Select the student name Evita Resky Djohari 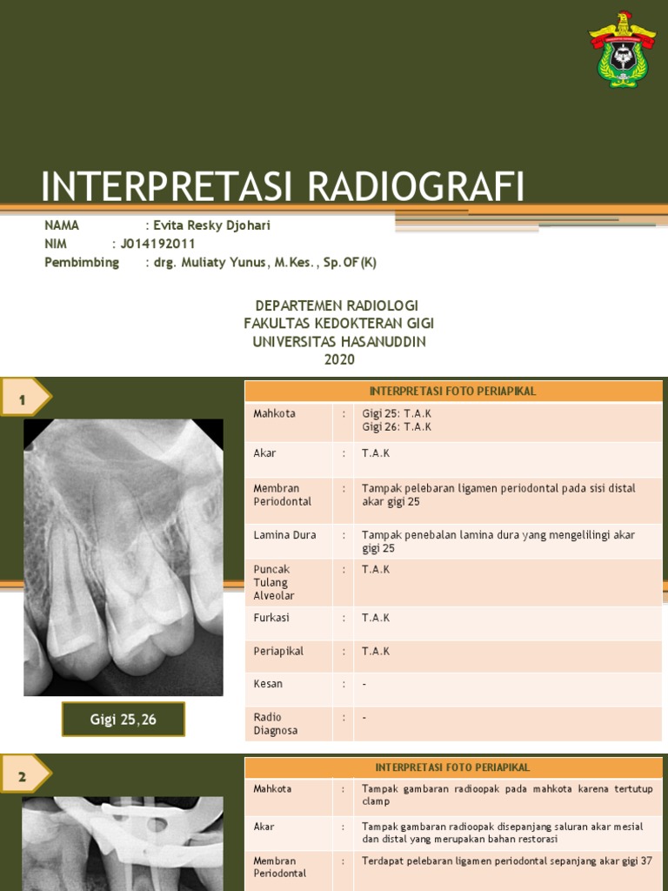point(211,225)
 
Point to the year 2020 point(339,359)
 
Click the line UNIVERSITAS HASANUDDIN point(339,342)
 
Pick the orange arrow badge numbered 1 point(25,399)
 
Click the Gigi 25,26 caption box point(124,720)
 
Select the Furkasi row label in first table point(271,618)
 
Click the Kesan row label point(268,684)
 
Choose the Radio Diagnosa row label point(275,724)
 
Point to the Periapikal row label point(277,651)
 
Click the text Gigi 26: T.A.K point(397,427)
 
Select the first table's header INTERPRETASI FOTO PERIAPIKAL point(452,392)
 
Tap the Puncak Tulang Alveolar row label point(273,582)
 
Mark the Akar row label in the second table point(264,827)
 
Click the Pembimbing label point(82,262)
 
